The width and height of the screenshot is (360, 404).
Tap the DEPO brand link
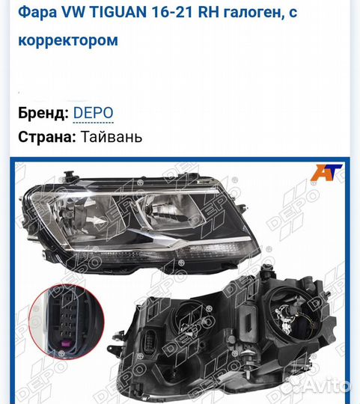pos(94,113)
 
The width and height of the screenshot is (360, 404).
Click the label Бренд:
pos(43,113)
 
